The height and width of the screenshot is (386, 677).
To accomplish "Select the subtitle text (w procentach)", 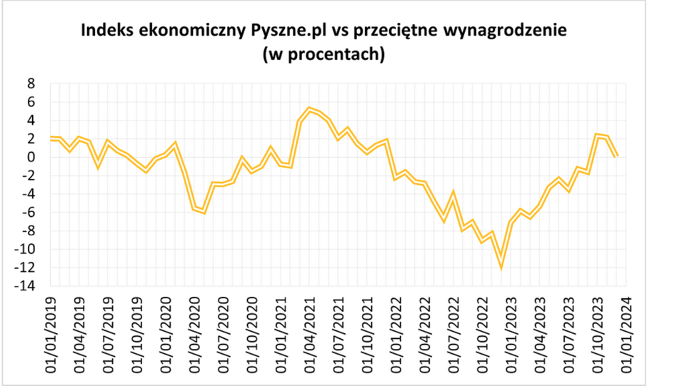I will point(324,54).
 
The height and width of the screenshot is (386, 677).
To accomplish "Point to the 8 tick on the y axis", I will point(31,83).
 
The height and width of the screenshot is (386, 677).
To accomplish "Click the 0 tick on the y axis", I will point(31,157).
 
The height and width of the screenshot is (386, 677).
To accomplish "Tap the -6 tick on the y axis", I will point(28,213).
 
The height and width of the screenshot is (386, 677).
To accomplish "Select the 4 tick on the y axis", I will point(31,121).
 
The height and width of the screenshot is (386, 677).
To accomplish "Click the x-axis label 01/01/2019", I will point(51,330).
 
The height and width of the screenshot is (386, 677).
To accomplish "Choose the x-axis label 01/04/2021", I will point(311,330).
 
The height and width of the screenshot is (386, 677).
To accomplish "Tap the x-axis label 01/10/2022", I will point(483,330).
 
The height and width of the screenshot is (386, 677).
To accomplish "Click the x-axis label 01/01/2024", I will point(627,330).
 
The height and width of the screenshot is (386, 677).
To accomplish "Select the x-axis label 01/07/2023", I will point(569,330).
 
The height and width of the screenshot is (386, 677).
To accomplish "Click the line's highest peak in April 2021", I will point(309,109).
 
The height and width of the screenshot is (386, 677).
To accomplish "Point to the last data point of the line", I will point(617,156).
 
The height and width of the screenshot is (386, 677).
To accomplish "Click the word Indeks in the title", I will point(106,32).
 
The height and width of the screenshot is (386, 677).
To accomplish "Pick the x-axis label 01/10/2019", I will point(138,330).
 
